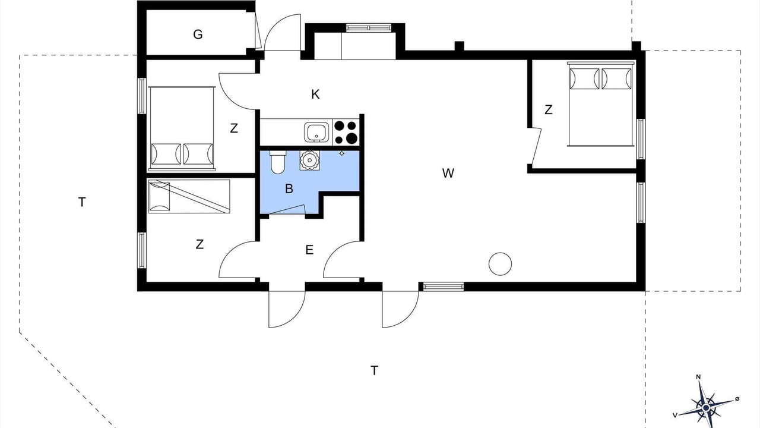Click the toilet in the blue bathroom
pos(278,162)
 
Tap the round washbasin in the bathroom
pos(309,160)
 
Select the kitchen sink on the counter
pos(316,132)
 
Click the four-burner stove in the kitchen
pos(346,132)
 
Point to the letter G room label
pos(198,34)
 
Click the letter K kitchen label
pos(315,95)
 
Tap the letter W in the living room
pos(448,173)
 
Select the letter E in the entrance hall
pos(309,250)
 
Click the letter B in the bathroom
pos(289,188)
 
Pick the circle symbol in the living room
pos(500,264)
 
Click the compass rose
pos(706,407)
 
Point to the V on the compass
pos(676,415)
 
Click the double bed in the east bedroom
pos(600,104)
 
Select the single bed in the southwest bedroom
pos(189,196)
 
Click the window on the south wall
pos(444,287)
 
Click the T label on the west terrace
pos(82,203)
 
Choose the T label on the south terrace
pos(374,370)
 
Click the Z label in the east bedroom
pos(548,110)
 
